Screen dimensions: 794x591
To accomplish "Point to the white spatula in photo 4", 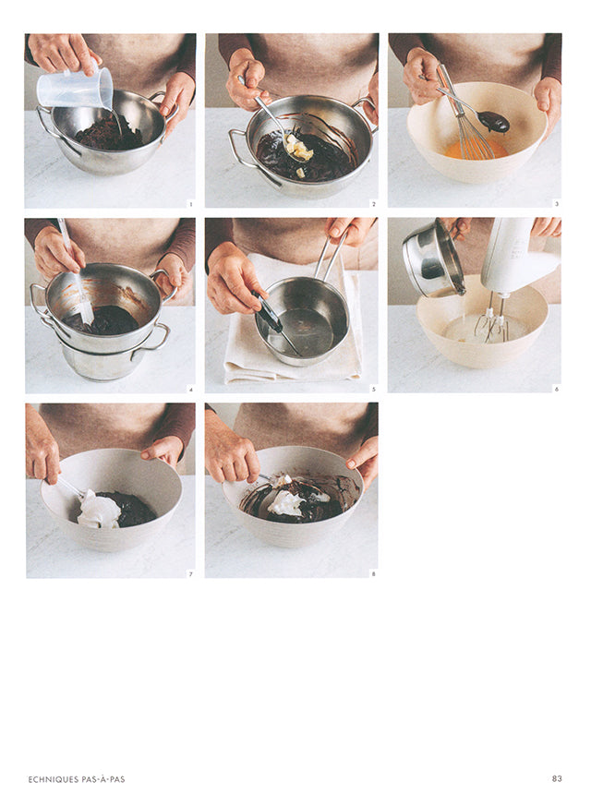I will coord(79,295).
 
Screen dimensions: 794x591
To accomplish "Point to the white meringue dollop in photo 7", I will coord(98,509).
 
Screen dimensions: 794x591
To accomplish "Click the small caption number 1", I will coord(190,203).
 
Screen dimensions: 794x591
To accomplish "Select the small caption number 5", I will coord(373,389).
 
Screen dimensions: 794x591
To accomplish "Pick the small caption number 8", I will coord(373,573).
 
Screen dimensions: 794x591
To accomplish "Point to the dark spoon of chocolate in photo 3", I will coord(493,120).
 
